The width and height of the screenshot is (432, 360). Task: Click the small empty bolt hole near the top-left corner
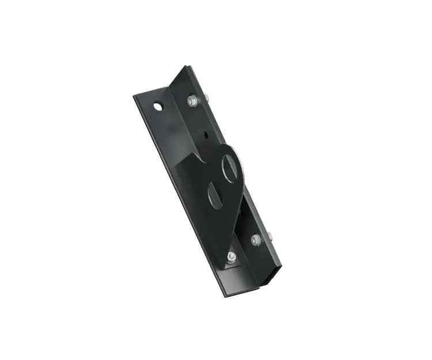[x=157, y=107]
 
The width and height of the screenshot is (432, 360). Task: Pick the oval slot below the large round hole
[x=214, y=195]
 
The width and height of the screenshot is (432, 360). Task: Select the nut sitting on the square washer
[x=230, y=256]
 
